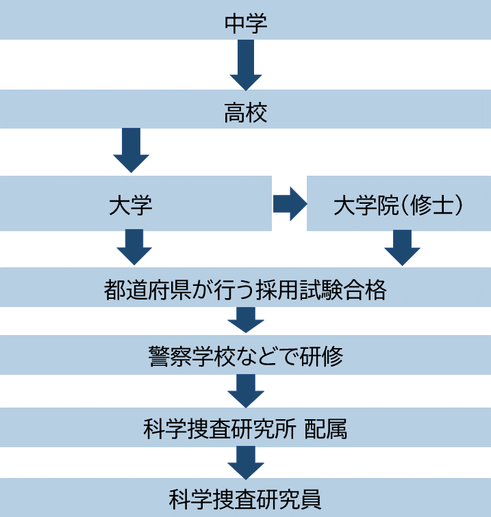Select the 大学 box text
[130, 205]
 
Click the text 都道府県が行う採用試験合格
[245, 291]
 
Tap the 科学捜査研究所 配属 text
[245, 429]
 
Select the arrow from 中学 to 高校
[246, 66]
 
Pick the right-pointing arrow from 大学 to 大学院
[289, 204]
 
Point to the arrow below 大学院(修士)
[402, 248]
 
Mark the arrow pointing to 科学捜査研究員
[246, 463]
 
